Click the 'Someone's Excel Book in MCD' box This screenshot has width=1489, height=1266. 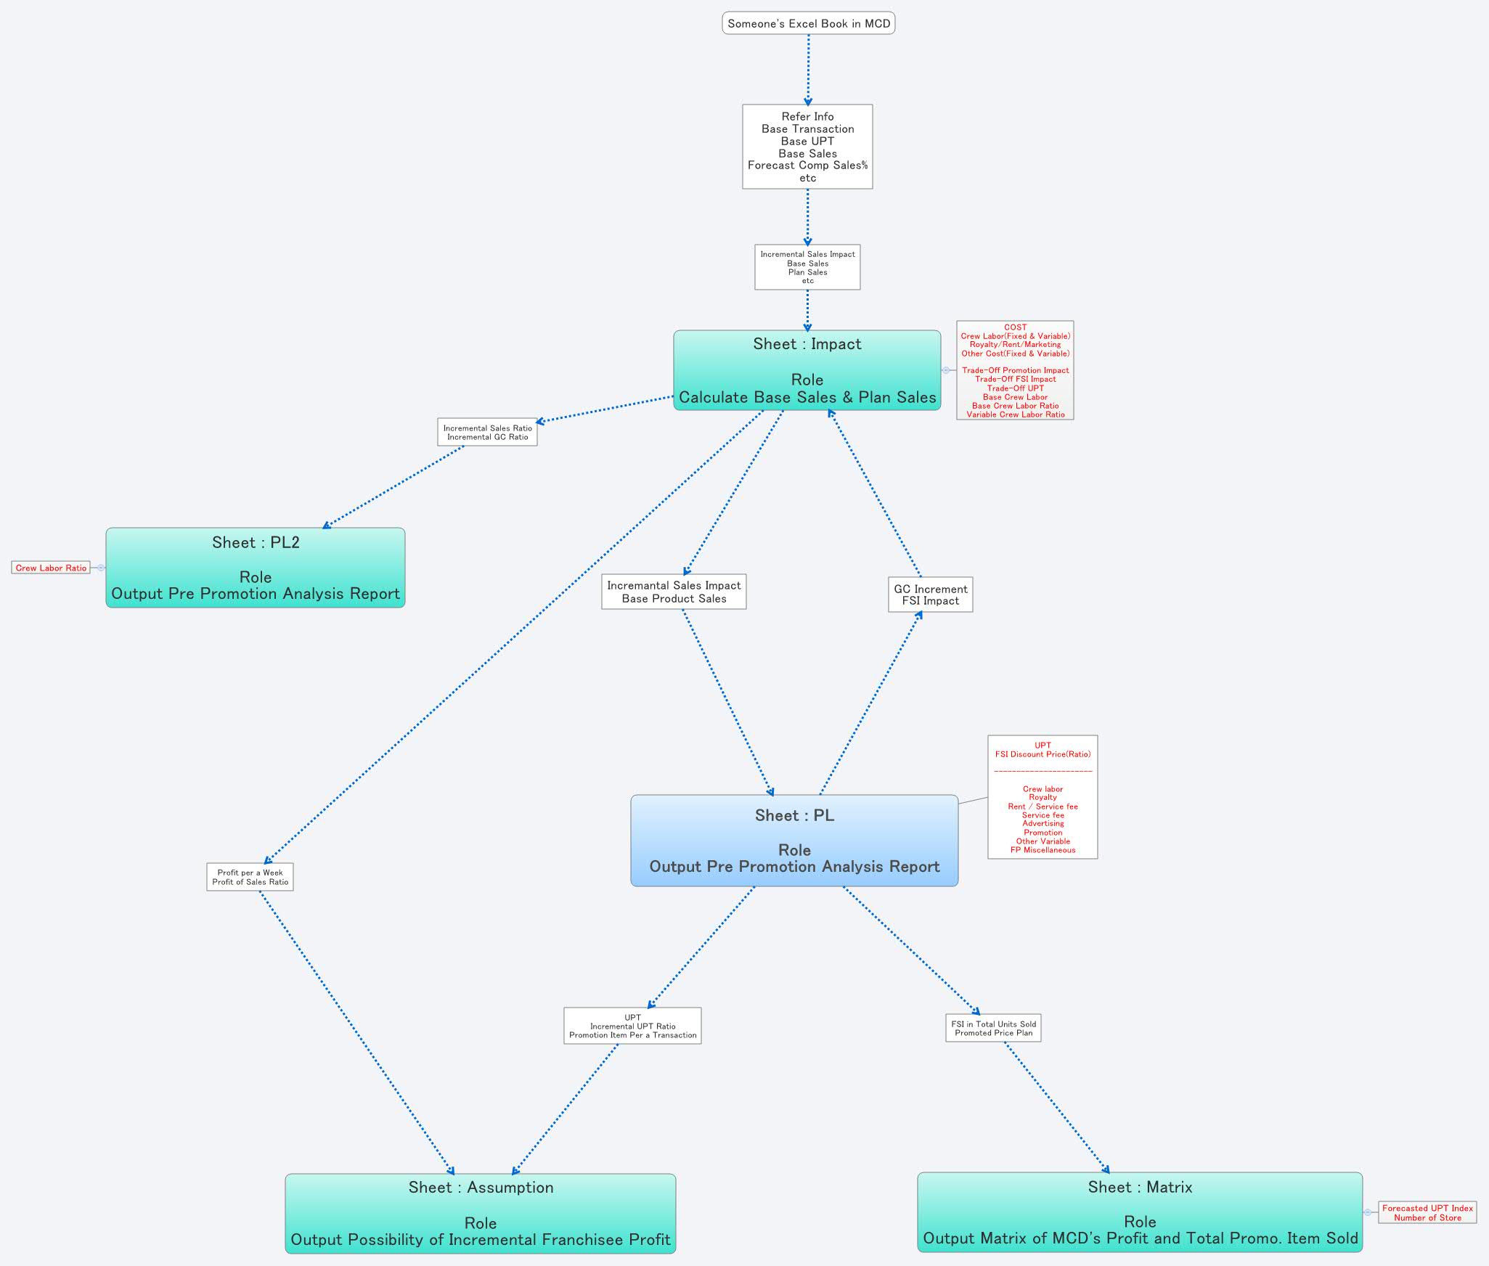pos(808,23)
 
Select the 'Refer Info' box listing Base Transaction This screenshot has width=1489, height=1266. pos(807,147)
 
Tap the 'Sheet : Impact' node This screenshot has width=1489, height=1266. pos(807,370)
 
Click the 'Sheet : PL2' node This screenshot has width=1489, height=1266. pos(255,568)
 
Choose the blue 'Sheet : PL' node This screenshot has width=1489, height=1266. pos(794,841)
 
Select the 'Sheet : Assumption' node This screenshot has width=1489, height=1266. pos(480,1213)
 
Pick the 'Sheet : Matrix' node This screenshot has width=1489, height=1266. pos(1140,1212)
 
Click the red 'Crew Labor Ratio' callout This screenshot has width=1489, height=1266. pos(51,568)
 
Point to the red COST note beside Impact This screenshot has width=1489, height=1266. pos(1015,370)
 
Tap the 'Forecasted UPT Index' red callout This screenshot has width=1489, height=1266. pos(1427,1212)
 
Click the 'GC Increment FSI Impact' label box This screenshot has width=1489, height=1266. pos(930,595)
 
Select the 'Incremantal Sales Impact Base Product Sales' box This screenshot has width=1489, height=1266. pos(674,592)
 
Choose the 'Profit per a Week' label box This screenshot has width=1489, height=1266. pos(250,877)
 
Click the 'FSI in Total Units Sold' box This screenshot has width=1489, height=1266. pos(993,1028)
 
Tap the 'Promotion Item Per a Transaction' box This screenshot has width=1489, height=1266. pos(632,1026)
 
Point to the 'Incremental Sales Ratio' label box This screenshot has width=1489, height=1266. pos(487,432)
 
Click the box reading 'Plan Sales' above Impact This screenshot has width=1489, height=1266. pos(807,267)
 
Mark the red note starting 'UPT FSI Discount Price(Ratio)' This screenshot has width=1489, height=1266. pos(1043,797)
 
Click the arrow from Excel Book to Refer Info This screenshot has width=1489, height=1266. pos(808,69)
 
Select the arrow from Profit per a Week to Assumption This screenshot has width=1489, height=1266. pos(356,1031)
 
